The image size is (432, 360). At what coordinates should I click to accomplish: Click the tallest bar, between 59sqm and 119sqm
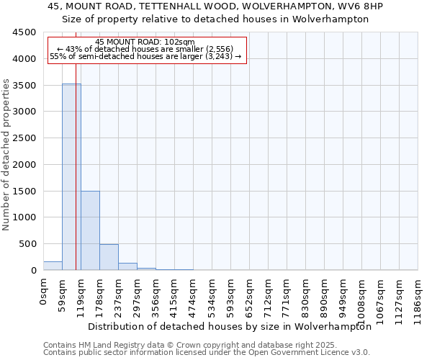(71, 176)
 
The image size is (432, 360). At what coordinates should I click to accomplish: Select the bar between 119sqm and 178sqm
(90, 230)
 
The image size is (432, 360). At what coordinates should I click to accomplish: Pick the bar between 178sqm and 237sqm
(109, 257)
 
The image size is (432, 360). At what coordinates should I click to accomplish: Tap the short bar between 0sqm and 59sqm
(53, 266)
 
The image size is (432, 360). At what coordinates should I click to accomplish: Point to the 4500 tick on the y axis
(24, 32)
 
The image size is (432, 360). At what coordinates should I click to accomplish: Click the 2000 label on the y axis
(24, 164)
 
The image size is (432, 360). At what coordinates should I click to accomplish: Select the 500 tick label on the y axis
(27, 244)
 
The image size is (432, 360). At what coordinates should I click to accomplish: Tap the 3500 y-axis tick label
(24, 85)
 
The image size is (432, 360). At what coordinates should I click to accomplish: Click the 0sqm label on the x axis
(44, 291)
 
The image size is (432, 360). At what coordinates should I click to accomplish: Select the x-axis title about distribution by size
(230, 326)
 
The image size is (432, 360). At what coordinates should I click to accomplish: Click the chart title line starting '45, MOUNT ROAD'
(215, 6)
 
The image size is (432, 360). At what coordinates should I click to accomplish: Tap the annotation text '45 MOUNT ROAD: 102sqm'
(145, 42)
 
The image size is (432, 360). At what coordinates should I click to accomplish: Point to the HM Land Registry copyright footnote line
(190, 345)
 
